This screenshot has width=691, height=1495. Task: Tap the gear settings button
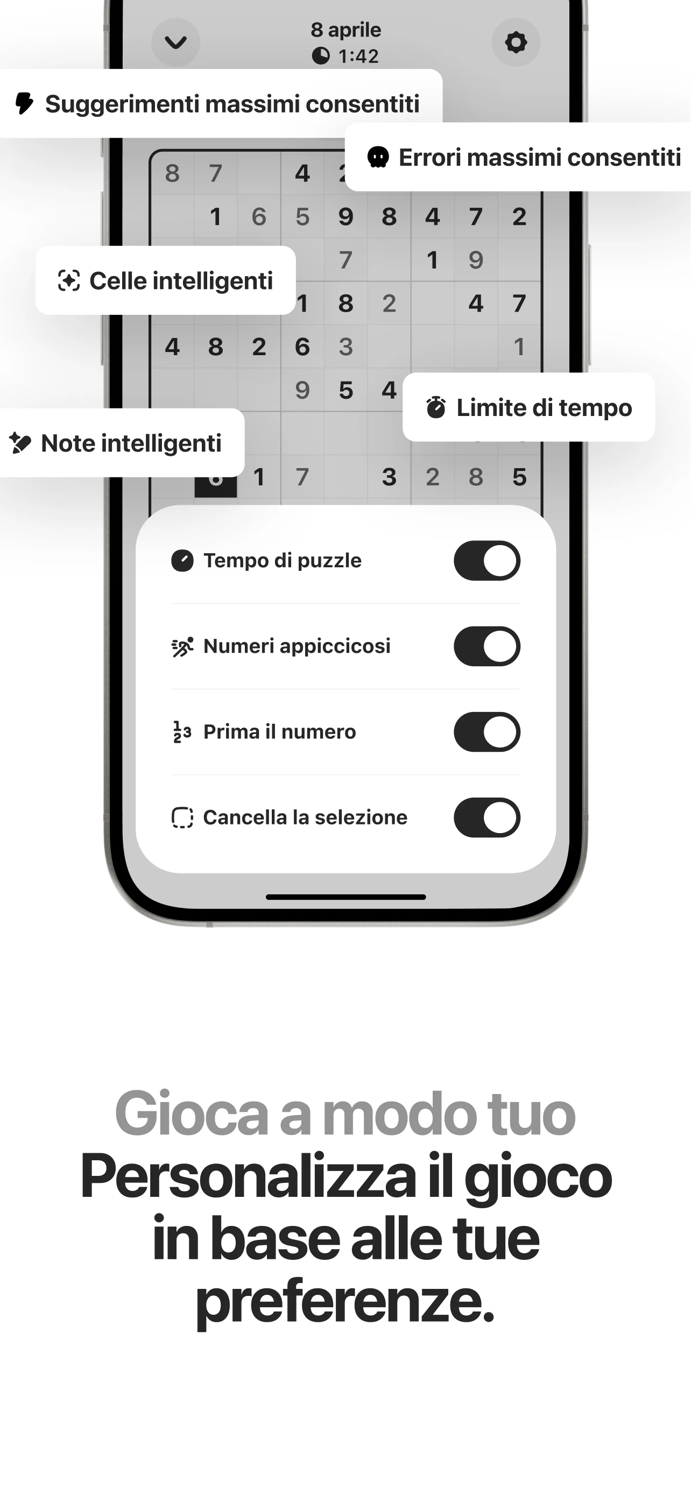point(515,43)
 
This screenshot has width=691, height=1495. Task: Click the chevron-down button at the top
point(176,43)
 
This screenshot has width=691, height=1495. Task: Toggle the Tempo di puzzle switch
point(487,561)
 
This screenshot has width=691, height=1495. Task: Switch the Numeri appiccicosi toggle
point(487,646)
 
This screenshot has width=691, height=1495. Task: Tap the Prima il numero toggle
point(487,732)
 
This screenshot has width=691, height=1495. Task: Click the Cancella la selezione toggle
point(487,817)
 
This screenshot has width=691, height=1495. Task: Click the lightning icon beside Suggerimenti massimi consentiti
point(24,103)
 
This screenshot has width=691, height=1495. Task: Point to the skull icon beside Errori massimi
point(378,157)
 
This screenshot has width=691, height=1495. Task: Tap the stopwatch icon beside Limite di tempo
point(436,407)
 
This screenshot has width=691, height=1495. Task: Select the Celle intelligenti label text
point(181,281)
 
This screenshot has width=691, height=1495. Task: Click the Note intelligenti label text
point(131,443)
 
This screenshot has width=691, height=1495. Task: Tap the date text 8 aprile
point(346,30)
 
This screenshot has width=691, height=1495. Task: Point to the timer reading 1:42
point(358,57)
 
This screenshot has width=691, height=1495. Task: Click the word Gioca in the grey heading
point(191,1113)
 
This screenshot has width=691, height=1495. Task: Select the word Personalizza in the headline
point(248,1177)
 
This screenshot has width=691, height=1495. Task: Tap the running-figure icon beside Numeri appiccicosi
point(182,646)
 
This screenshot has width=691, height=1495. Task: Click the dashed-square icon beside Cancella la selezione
point(182,817)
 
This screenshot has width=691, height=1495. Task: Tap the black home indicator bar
point(346,897)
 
